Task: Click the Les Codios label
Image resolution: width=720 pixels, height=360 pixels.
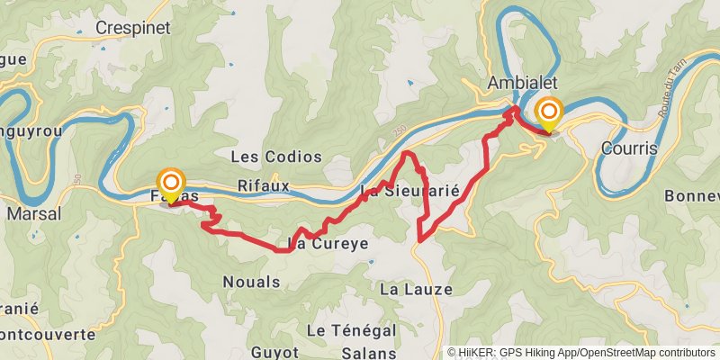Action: (x=276, y=157)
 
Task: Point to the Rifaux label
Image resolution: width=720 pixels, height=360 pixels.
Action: (x=264, y=185)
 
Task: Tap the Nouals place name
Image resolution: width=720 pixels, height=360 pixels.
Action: (x=251, y=282)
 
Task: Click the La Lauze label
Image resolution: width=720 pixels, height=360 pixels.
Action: (x=416, y=289)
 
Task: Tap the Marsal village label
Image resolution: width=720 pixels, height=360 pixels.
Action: (x=33, y=214)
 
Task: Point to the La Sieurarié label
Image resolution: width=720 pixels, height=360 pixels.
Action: (x=409, y=191)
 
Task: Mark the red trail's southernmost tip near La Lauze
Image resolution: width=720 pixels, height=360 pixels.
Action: (x=420, y=240)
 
